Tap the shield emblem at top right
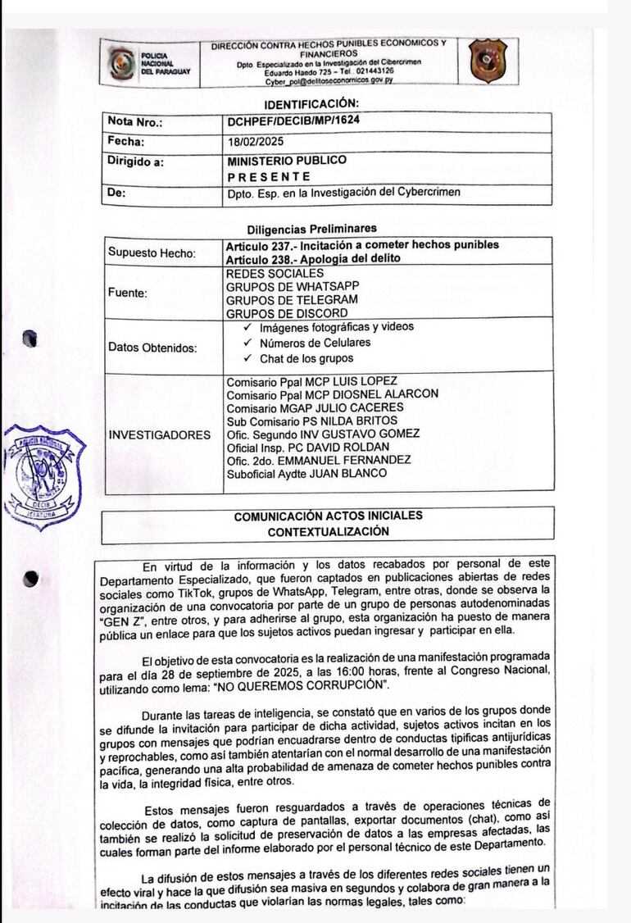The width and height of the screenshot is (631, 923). [488, 61]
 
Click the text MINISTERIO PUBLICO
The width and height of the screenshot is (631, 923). [287, 161]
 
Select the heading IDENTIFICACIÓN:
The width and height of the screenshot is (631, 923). [311, 103]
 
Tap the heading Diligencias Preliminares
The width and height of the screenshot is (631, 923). [312, 228]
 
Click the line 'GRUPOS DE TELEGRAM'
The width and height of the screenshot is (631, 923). [281, 299]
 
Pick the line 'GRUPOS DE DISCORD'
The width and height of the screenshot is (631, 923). [275, 312]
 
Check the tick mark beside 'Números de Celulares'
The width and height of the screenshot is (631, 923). [247, 343]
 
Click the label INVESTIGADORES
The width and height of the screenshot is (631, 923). [159, 434]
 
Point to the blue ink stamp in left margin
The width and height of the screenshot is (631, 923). [45, 475]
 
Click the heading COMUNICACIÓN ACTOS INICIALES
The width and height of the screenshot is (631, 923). [328, 516]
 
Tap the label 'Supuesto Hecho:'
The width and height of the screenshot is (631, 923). [152, 252]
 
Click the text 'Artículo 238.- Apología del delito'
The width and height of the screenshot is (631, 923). [313, 258]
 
